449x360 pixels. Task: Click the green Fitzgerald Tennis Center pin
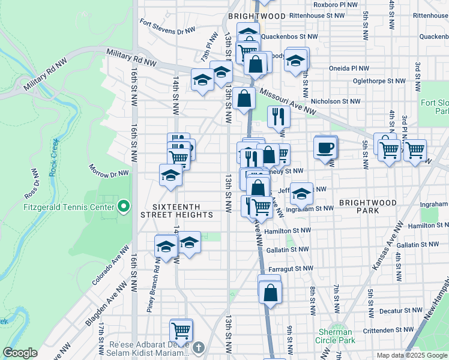124,207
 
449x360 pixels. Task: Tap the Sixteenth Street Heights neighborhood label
176,209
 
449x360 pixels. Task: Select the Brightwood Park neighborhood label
367,206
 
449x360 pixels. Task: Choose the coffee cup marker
325,148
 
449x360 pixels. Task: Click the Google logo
20,353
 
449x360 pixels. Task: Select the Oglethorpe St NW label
379,80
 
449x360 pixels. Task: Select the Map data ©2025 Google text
412,355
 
